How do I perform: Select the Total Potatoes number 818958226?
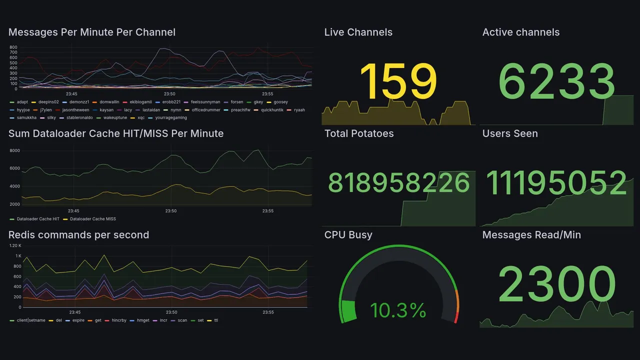[x=399, y=183]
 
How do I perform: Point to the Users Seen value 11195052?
[x=556, y=182]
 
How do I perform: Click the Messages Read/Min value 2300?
[x=557, y=284]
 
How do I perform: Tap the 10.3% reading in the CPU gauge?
[x=398, y=310]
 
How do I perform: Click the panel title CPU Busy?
[x=348, y=235]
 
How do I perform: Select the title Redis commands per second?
[x=78, y=235]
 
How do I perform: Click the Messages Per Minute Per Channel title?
[x=92, y=32]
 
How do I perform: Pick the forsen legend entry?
[x=236, y=102]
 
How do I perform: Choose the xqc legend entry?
[x=141, y=118]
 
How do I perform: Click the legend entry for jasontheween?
[x=74, y=110]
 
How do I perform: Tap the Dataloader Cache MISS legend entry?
[x=92, y=219]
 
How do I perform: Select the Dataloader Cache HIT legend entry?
[x=38, y=219]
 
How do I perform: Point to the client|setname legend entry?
[x=31, y=320]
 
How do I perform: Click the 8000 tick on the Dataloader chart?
[x=14, y=150]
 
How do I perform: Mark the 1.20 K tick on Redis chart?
[x=15, y=245]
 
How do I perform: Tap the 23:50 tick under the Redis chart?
[x=171, y=312]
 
